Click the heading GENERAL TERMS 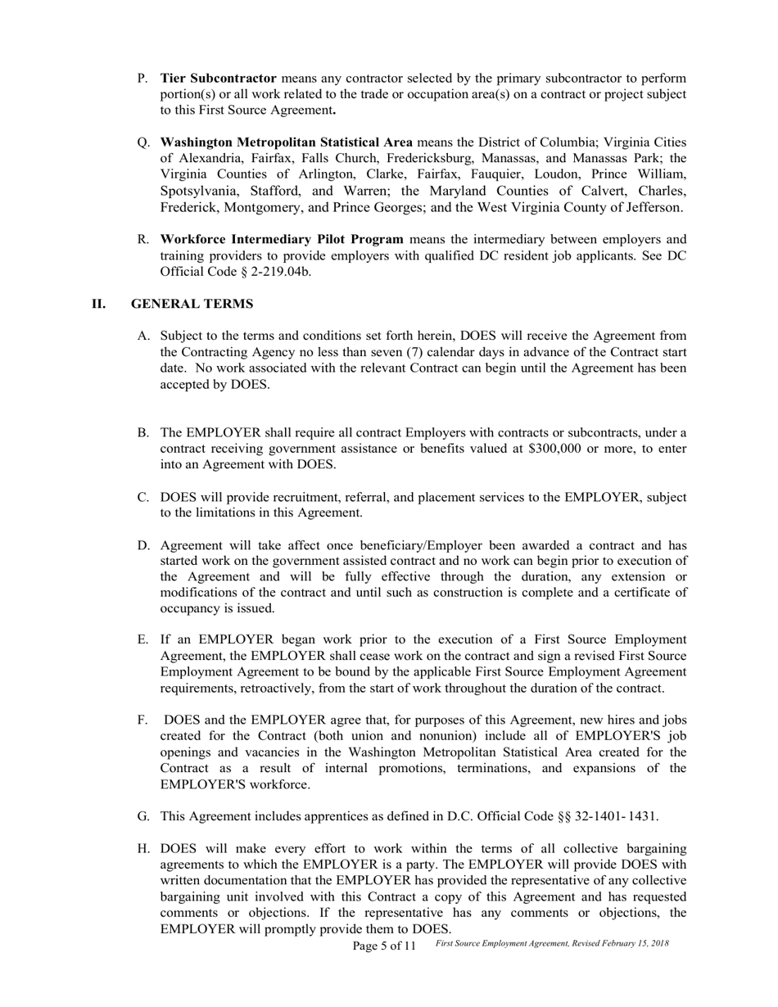[x=192, y=304]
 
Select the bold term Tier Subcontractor [x=218, y=79]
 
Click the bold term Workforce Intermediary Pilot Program [x=282, y=239]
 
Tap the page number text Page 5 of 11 [x=384, y=946]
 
